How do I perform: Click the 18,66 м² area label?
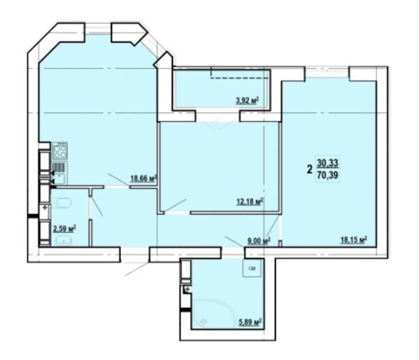(144, 179)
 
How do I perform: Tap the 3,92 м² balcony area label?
(247, 100)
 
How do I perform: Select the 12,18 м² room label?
(250, 202)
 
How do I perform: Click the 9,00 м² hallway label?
(259, 241)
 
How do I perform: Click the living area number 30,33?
(328, 163)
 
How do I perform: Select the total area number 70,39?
(328, 174)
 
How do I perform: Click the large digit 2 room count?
(309, 170)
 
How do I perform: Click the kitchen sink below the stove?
(60, 173)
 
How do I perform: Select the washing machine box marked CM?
(252, 268)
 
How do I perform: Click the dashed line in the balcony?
(240, 78)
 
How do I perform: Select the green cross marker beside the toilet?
(45, 207)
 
